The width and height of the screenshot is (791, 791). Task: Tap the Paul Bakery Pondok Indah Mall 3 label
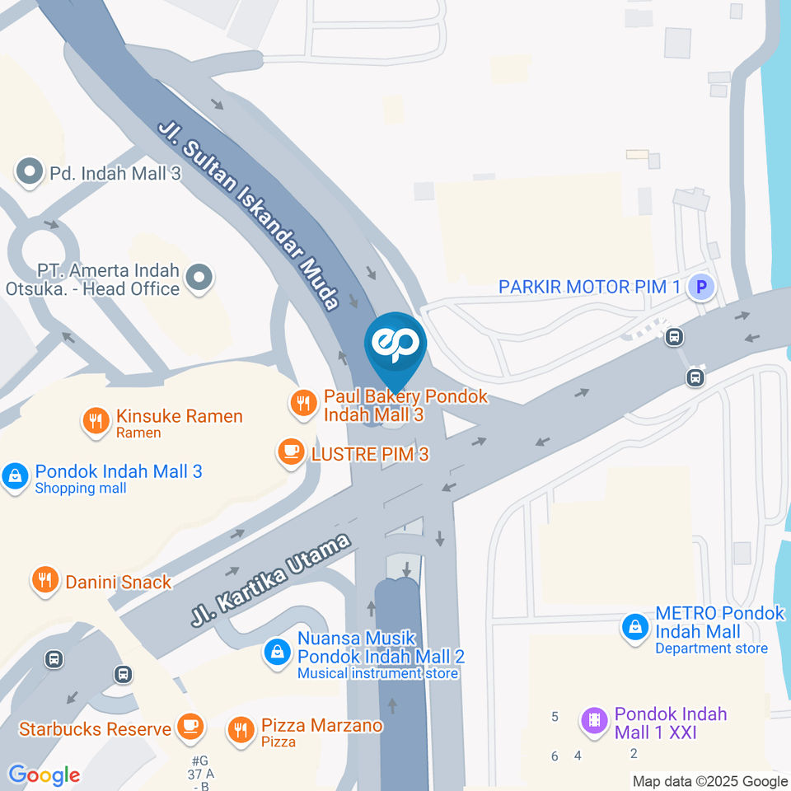click(405, 405)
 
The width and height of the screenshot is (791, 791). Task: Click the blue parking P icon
click(701, 288)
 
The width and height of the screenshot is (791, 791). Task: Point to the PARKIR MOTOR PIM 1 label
click(590, 288)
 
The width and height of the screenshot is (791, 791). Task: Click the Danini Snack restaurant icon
click(44, 581)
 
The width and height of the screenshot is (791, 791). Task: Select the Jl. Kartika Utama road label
click(271, 580)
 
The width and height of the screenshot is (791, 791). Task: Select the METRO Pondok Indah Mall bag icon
click(635, 628)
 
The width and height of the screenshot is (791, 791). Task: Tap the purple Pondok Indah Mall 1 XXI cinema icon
click(593, 722)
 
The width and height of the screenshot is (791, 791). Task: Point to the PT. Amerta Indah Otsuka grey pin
click(199, 278)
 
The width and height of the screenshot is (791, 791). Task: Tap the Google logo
click(44, 775)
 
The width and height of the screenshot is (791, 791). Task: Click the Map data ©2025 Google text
click(709, 781)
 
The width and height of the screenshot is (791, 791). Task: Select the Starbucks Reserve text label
click(95, 729)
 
